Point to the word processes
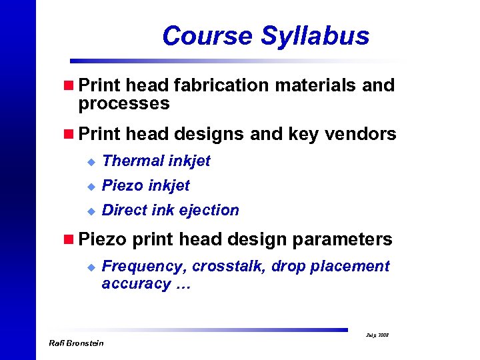click(124, 104)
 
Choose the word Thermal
click(134, 161)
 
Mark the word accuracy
click(136, 284)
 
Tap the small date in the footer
click(378, 335)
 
